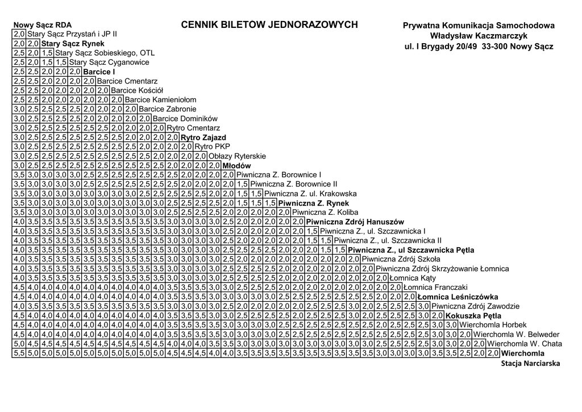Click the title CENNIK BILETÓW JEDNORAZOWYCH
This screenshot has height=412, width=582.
coord(269,25)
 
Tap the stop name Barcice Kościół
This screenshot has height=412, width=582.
coord(137,90)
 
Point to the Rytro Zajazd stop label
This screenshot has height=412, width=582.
coord(203,138)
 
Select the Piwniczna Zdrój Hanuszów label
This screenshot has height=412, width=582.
coord(355,222)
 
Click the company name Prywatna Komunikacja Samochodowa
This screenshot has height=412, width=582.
coord(479,26)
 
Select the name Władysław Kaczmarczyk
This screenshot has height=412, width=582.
coord(479,36)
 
